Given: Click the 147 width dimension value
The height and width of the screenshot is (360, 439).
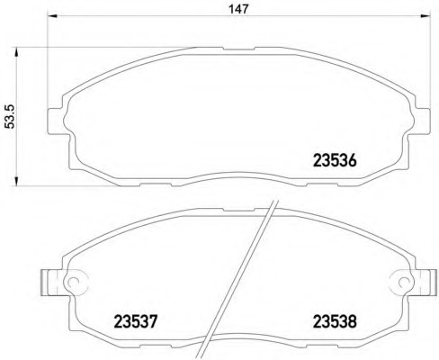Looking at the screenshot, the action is (x=239, y=9).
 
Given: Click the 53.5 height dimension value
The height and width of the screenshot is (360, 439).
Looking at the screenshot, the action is (x=11, y=117).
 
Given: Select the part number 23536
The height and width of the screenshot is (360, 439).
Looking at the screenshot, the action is (x=335, y=160).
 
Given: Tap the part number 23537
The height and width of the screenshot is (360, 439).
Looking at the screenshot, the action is (x=136, y=321).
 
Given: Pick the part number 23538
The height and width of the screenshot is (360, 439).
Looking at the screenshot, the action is (x=335, y=321).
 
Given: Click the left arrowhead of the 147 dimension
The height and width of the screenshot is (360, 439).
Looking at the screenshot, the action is (x=53, y=16).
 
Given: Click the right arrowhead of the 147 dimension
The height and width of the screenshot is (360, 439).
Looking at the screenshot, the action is (x=426, y=16).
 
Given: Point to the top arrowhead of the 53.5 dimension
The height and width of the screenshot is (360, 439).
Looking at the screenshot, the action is (x=16, y=52).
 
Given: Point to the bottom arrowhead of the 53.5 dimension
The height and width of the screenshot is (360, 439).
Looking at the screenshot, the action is (x=16, y=180).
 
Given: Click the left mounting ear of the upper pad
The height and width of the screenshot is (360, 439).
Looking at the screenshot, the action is (x=56, y=121).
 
